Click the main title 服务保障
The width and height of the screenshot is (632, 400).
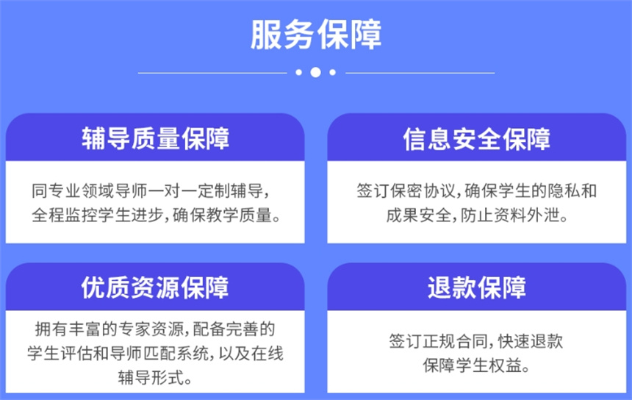[x=316, y=35]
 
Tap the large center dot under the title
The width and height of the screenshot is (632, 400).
[x=315, y=73]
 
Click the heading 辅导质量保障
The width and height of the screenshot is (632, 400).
[x=156, y=138]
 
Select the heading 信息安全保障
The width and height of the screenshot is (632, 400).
[x=476, y=138]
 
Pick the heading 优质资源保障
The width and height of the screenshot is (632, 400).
[x=155, y=287]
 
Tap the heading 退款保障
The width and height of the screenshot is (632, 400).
[x=477, y=287]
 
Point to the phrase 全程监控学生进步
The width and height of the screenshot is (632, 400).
[x=97, y=215]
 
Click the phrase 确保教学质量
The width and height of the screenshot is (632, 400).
[x=222, y=215]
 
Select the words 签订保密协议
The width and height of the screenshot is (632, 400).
[x=406, y=190]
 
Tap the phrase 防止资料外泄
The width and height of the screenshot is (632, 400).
[x=510, y=215]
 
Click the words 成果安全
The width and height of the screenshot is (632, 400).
[x=419, y=215]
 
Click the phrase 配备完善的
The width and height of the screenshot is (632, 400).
[x=234, y=329]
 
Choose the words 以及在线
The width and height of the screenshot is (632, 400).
[x=251, y=354]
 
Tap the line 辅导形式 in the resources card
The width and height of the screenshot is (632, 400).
[x=151, y=378]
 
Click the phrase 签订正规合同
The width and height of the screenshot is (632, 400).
[x=439, y=341]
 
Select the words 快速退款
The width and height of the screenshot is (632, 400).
[x=531, y=341]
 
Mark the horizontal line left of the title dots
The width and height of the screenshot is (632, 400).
[x=212, y=73]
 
